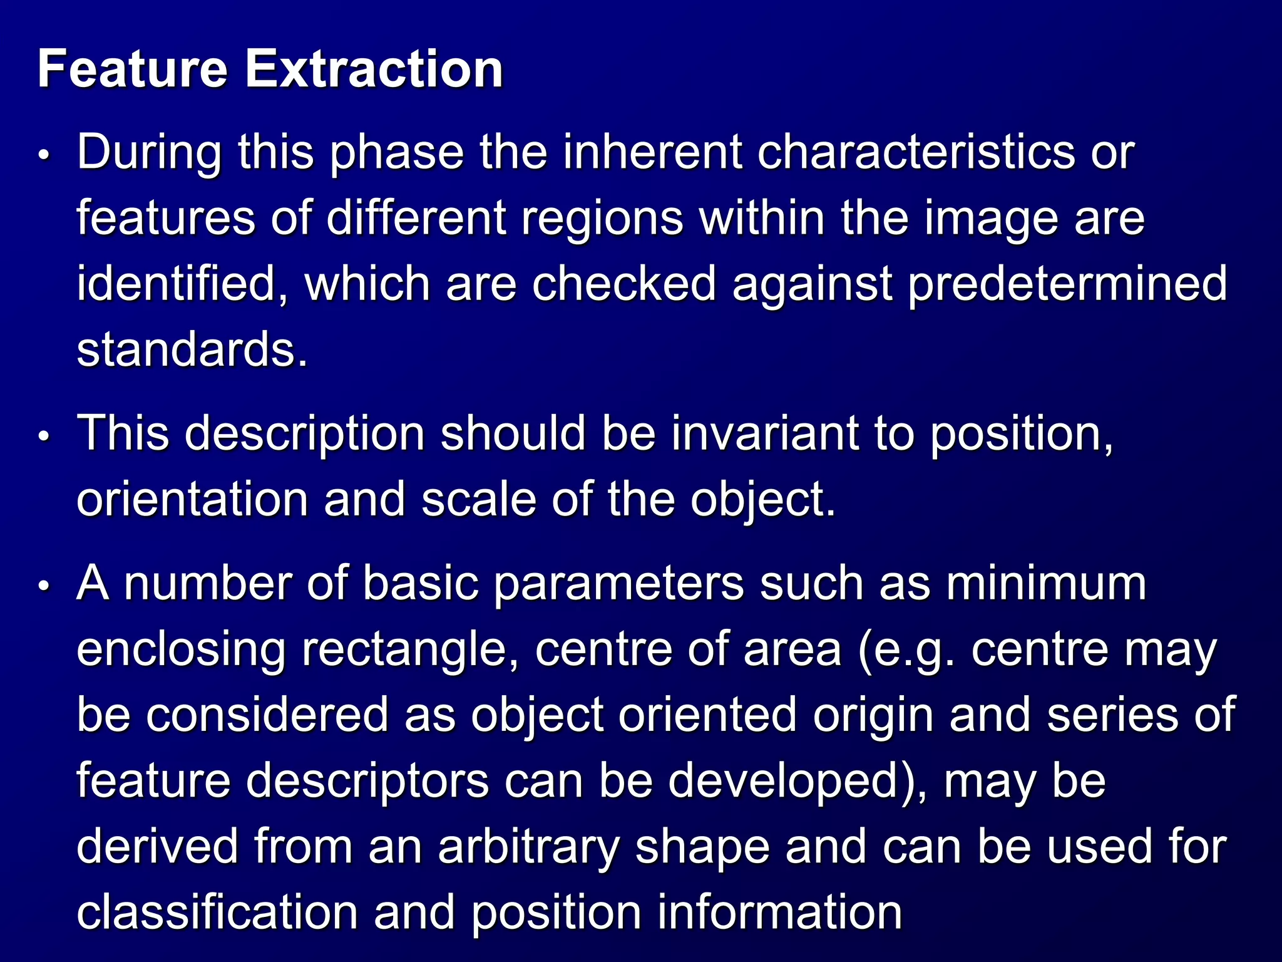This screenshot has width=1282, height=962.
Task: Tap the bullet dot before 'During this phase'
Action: [x=43, y=154]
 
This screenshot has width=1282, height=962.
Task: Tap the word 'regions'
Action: [x=602, y=219]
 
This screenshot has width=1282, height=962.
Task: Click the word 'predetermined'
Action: [x=1067, y=284]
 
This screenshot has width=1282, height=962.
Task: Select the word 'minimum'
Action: [x=1045, y=584]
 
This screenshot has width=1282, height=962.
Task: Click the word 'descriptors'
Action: [x=367, y=781]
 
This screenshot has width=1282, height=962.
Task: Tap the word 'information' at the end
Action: [x=779, y=913]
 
